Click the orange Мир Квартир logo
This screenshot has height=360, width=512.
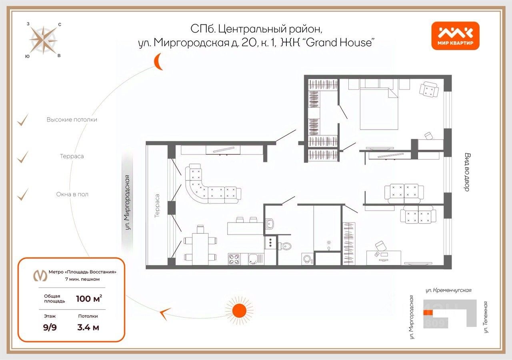click(455, 36)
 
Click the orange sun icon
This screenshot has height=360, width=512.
click(239, 311)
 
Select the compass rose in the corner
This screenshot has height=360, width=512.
click(43, 40)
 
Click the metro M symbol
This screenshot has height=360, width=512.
click(40, 276)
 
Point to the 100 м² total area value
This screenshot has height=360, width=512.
click(89, 298)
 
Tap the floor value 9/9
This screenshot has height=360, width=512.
click(50, 327)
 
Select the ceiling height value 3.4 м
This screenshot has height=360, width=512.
click(88, 327)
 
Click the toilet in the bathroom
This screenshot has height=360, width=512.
click(285, 246)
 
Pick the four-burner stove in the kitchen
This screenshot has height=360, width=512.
click(234, 259)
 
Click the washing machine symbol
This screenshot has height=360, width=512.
click(307, 259)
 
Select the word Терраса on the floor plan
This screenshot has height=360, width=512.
click(157, 206)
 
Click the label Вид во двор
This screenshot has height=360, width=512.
click(468, 172)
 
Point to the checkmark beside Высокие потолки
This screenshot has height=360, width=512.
click(23, 120)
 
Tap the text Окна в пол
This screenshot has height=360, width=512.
click(72, 194)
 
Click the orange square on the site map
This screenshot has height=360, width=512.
click(428, 313)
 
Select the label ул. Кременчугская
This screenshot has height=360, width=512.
click(448, 290)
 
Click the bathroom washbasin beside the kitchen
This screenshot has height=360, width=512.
click(270, 223)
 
